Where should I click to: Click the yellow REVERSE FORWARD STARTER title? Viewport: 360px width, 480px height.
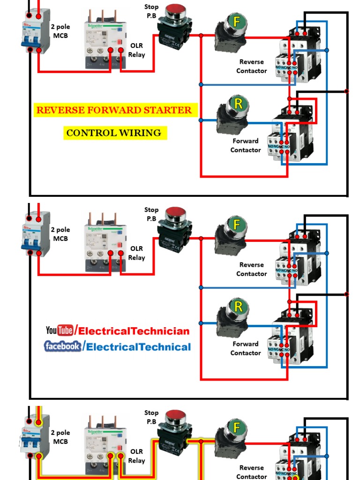[x=114, y=110]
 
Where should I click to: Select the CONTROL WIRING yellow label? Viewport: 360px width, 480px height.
[x=114, y=133]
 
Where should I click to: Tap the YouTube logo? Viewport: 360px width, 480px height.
[x=60, y=330]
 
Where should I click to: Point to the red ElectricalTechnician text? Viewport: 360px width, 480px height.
[x=134, y=331]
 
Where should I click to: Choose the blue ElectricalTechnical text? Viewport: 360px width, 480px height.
[x=139, y=347]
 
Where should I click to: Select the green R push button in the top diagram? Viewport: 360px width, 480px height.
[x=238, y=104]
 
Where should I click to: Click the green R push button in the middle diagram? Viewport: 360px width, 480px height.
[x=238, y=307]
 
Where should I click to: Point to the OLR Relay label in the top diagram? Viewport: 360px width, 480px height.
[x=137, y=50]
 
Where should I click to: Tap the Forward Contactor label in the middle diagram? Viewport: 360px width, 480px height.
[x=246, y=348]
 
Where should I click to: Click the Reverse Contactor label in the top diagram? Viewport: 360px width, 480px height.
[x=252, y=66]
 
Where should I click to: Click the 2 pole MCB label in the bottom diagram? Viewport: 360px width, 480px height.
[x=60, y=437]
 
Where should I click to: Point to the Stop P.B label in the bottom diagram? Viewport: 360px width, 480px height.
[x=151, y=417]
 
